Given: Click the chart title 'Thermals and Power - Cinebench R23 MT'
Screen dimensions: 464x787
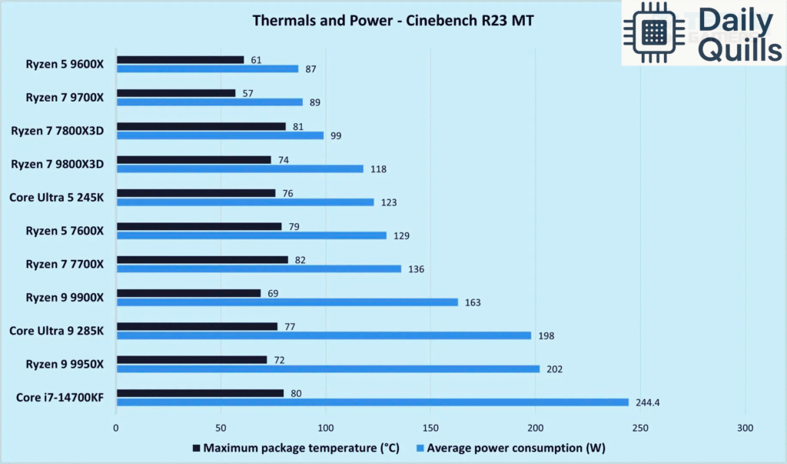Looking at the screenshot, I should point(393,21).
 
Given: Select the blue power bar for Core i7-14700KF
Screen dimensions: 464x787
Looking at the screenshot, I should point(372,402).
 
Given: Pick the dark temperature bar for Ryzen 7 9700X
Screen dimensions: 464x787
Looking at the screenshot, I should point(176,93).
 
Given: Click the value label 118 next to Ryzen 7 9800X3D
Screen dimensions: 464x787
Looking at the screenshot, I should point(378,169).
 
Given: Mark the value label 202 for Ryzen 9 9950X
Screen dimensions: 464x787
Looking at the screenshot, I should point(554,369).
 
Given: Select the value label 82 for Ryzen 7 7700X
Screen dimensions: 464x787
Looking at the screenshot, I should point(301,260).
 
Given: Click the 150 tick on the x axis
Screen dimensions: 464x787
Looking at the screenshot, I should point(430,427).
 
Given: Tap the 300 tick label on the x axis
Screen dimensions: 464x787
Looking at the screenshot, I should point(745,427).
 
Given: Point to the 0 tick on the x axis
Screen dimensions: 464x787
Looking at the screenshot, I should point(116,427).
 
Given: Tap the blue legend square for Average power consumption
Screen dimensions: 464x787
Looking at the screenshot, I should point(420,449).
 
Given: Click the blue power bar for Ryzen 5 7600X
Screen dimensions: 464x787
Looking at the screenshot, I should point(251,235).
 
